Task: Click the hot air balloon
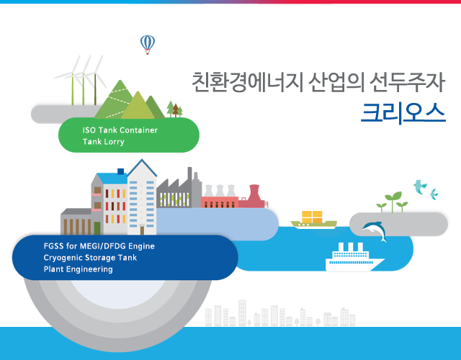pos(148,45)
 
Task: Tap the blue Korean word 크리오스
pos(403,113)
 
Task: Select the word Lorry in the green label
pos(112,142)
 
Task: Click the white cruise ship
pos(355,257)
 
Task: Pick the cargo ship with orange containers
pos(314,220)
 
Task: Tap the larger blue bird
pos(420,187)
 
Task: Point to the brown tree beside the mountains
pos(176,110)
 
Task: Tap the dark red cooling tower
pos(254,197)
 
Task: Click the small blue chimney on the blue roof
pos(120,171)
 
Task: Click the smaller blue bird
pos(434,194)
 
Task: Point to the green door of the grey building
pos(97,228)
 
